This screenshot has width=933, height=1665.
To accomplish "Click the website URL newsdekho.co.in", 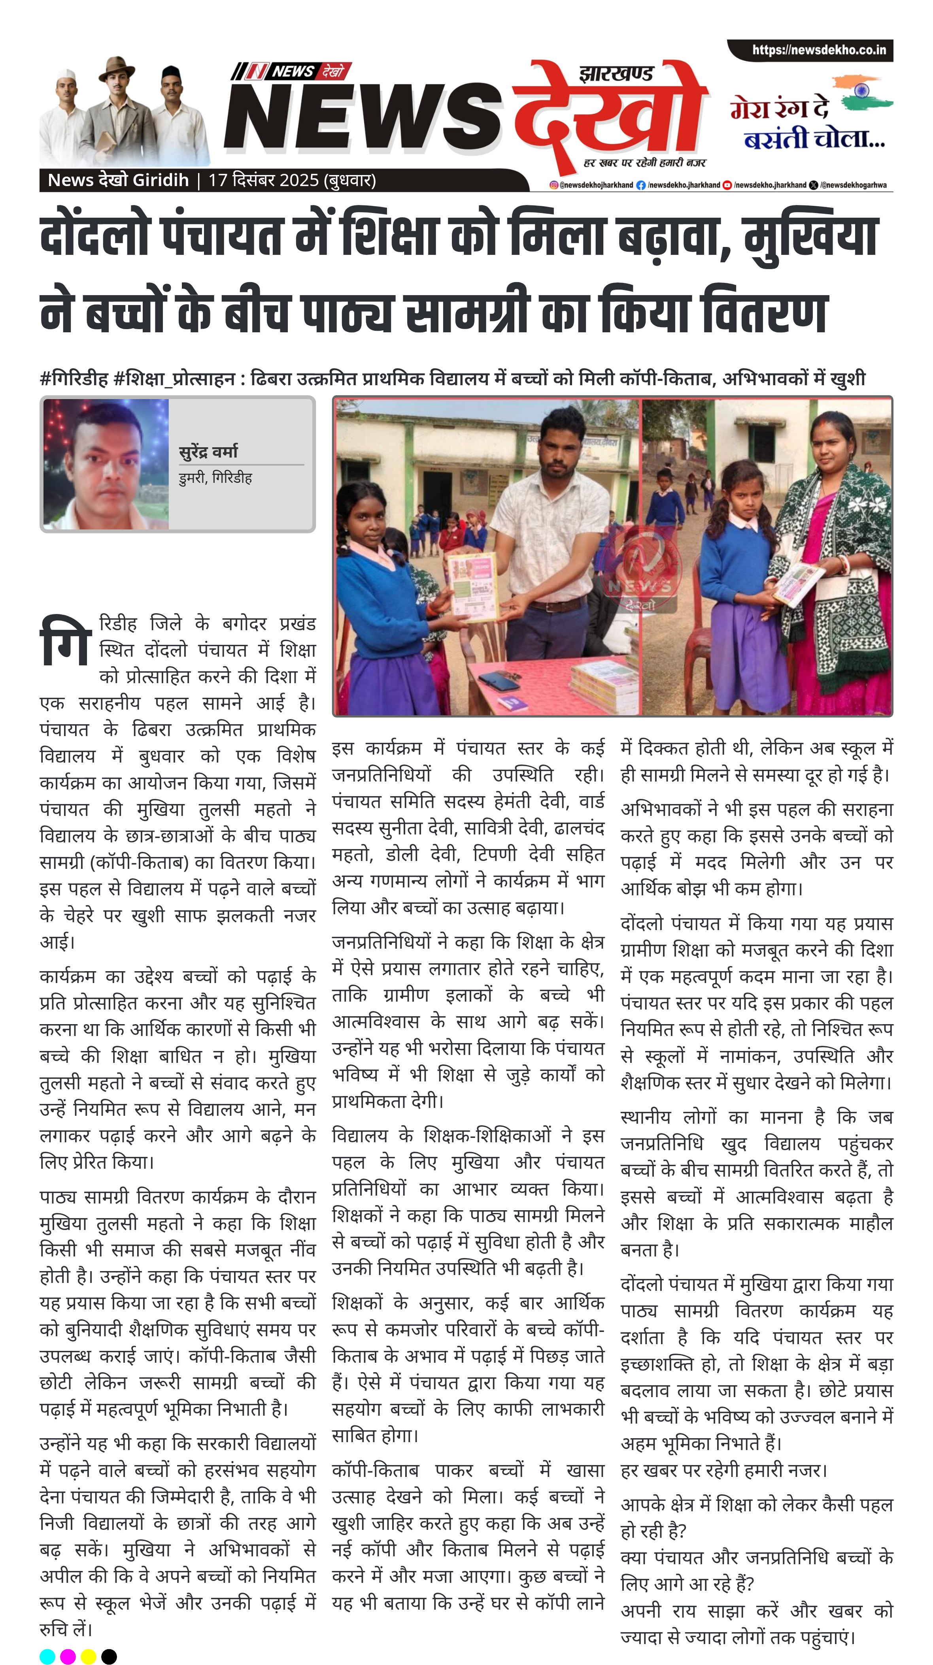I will [x=819, y=50].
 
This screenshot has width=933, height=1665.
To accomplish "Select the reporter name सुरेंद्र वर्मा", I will [x=208, y=451].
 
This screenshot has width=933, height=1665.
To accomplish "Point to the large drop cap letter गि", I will [x=65, y=641].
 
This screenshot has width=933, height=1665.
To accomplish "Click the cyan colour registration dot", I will [x=47, y=1656].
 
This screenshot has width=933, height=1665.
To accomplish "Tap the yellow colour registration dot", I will [x=89, y=1656].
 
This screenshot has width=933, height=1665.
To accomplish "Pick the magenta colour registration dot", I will [x=68, y=1656].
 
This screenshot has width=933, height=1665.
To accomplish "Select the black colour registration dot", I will [x=109, y=1656].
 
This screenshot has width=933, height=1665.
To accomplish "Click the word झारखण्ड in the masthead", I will [x=616, y=73].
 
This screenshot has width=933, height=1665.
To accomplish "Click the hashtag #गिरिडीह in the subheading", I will [x=73, y=379].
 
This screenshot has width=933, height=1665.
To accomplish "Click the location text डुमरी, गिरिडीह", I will [x=215, y=478].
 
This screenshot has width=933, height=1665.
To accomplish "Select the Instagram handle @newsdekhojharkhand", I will [x=591, y=185].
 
